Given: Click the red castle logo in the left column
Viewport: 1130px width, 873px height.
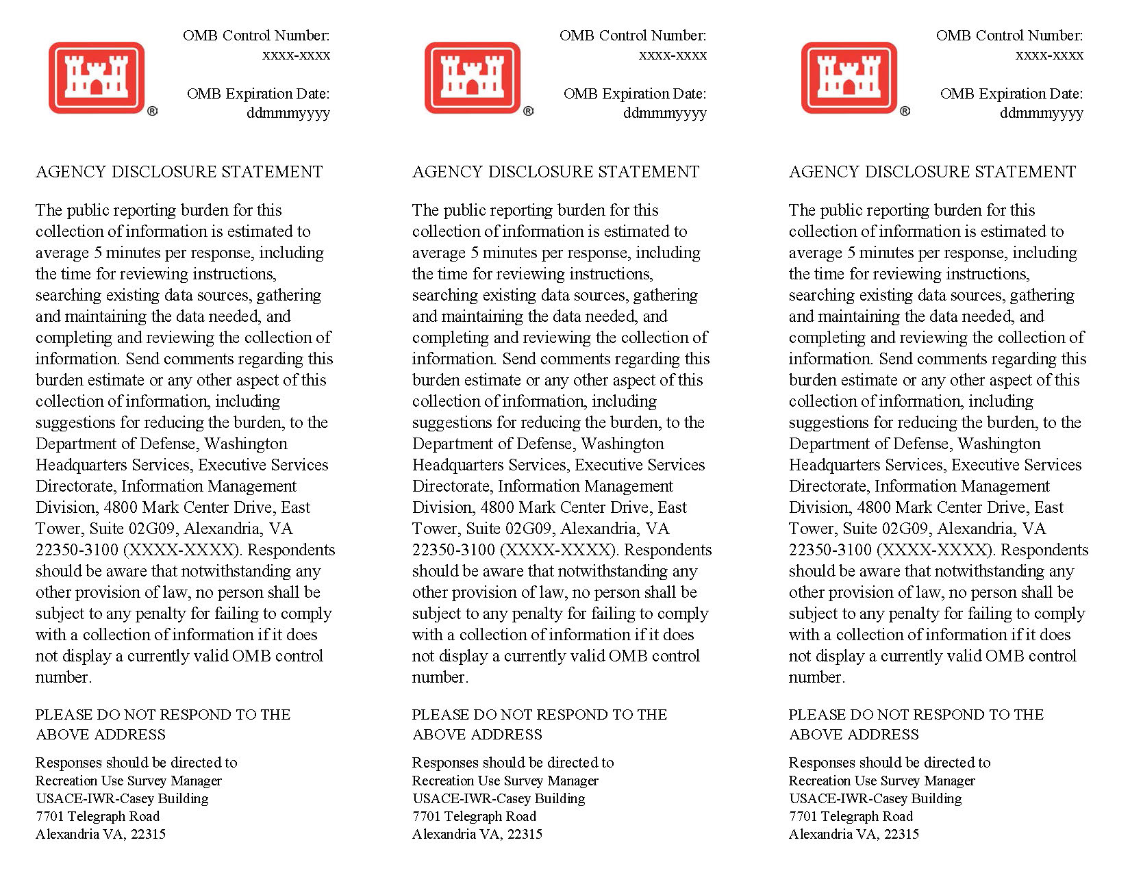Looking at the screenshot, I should pyautogui.click(x=96, y=77).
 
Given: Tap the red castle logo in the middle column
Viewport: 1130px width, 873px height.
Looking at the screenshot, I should pyautogui.click(x=473, y=77).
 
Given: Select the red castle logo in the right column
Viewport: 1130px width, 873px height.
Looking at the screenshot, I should pyautogui.click(x=849, y=77).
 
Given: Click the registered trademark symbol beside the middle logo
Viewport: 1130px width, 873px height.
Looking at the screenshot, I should pyautogui.click(x=529, y=111).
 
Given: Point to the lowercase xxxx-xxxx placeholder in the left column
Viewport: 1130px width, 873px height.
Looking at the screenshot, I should pyautogui.click(x=296, y=55).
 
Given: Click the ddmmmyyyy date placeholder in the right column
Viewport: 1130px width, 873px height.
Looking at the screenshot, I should pyautogui.click(x=1041, y=113).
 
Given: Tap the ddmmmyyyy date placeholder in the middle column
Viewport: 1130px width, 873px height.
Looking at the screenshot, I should pyautogui.click(x=664, y=113).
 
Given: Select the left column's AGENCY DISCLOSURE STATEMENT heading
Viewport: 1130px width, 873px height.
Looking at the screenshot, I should pyautogui.click(x=179, y=172).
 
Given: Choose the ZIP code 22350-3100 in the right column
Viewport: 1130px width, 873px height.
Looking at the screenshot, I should pyautogui.click(x=830, y=550).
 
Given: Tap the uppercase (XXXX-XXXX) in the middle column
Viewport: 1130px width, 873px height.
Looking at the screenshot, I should pyautogui.click(x=557, y=550).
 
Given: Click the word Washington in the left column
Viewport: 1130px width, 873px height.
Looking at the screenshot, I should pyautogui.click(x=246, y=444).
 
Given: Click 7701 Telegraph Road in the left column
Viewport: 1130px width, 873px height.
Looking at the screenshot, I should pyautogui.click(x=97, y=816).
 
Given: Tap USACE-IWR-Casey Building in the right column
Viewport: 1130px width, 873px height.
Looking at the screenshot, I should pyautogui.click(x=875, y=798).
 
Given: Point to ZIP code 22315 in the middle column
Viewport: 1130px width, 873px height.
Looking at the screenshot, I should pyautogui.click(x=525, y=834).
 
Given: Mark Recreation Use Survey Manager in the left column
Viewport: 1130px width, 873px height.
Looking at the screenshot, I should pyautogui.click(x=129, y=781).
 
